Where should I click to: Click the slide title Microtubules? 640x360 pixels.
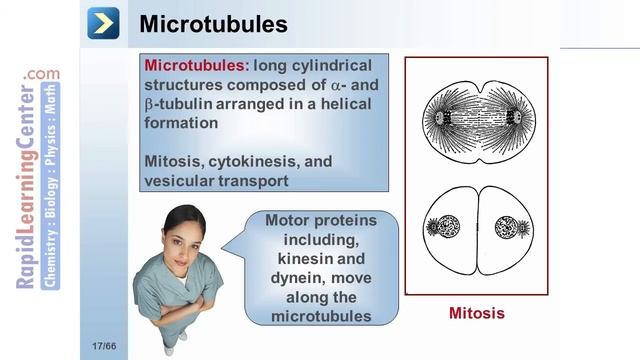point(214,23)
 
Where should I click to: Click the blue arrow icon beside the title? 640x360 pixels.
point(103,22)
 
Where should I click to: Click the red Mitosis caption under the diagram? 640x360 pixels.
point(476,313)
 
